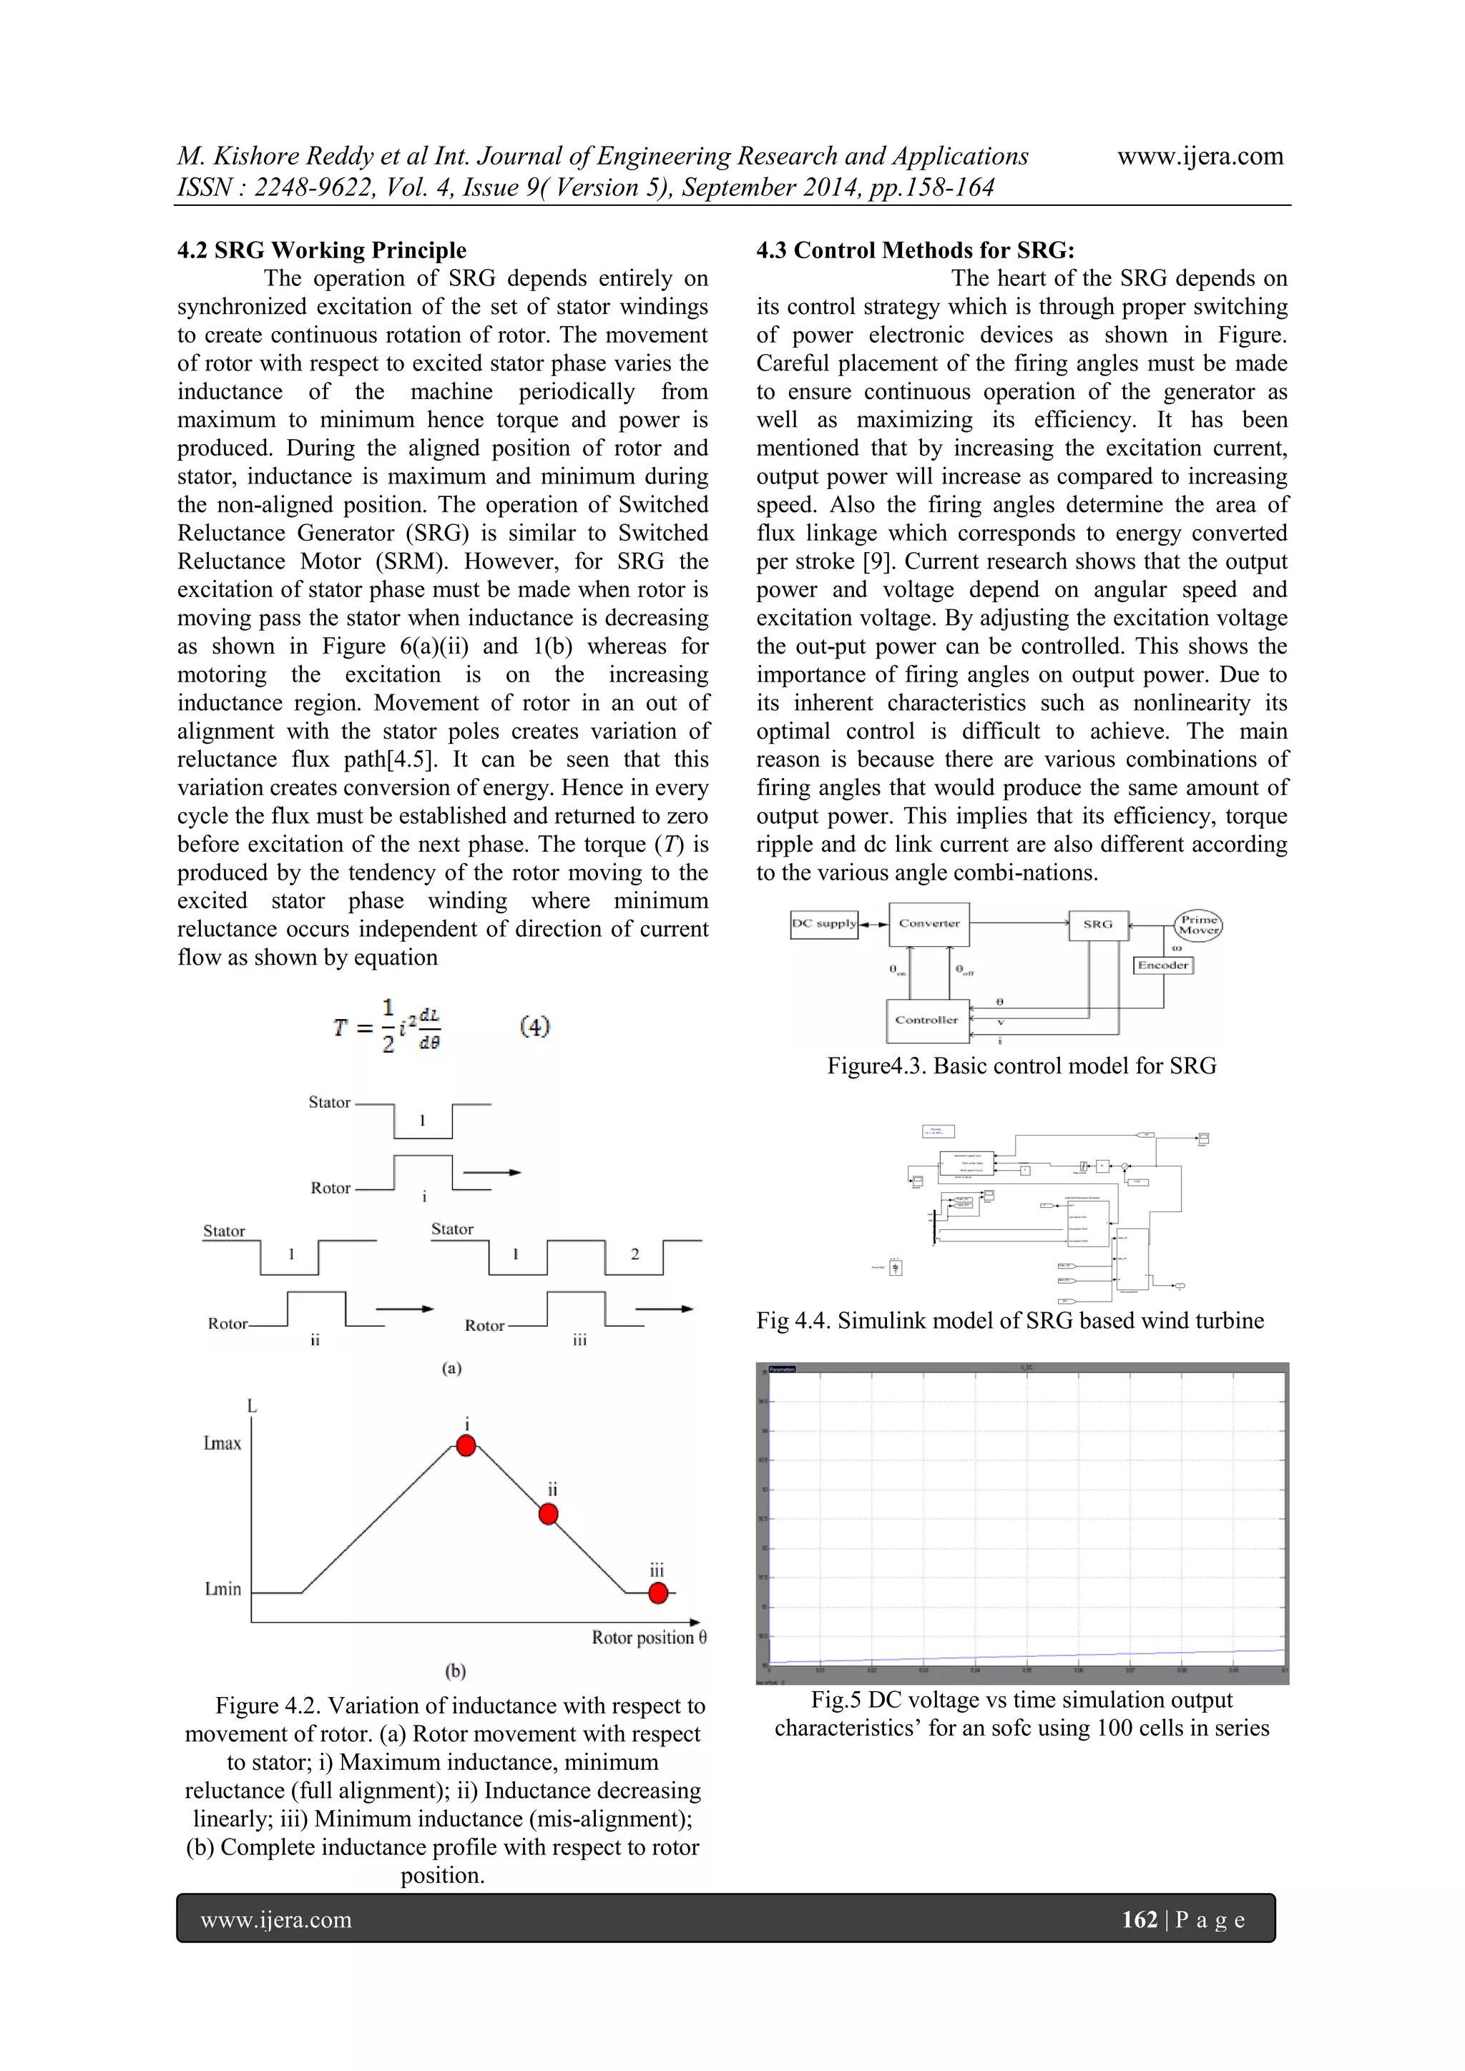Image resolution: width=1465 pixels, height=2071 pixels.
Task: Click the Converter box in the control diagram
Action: [x=929, y=924]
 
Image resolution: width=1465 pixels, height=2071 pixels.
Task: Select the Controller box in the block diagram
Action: [x=927, y=1020]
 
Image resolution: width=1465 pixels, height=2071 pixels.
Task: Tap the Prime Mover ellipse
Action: [x=1199, y=925]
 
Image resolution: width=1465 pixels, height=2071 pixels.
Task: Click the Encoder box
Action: [x=1163, y=965]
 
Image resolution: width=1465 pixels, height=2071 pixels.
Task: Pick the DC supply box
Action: [x=823, y=924]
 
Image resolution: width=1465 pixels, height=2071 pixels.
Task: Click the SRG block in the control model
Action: [x=1098, y=925]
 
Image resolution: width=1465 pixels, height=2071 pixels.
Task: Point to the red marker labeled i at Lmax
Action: [x=466, y=1446]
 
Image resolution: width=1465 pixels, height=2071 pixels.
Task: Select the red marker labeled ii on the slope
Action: [x=549, y=1515]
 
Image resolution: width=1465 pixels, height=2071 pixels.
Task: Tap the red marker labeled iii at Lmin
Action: [x=659, y=1593]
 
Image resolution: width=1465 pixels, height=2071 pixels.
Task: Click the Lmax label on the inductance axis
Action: [x=222, y=1444]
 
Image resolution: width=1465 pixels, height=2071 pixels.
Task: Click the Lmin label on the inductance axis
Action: [x=222, y=1589]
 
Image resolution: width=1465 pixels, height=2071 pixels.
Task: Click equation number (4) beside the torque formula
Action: [x=535, y=1026]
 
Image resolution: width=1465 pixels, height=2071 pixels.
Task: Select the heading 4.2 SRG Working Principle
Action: [x=322, y=250]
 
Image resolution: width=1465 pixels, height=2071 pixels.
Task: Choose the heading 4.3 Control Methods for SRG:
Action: [x=915, y=250]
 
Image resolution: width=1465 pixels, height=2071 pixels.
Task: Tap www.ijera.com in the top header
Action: [x=1200, y=156]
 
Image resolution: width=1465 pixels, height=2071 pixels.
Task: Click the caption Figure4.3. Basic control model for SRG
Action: [x=1021, y=1066]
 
